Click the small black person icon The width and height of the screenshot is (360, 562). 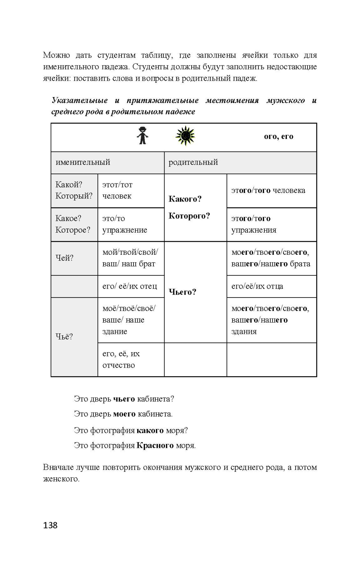pyautogui.click(x=142, y=136)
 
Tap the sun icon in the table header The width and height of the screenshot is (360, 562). pyautogui.click(x=185, y=136)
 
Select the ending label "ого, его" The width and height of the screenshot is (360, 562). pyautogui.click(x=278, y=136)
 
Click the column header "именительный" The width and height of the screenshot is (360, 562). pyautogui.click(x=83, y=162)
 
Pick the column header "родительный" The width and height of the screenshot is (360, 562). pyautogui.click(x=193, y=162)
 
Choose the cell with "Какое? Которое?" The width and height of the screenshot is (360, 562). pyautogui.click(x=73, y=224)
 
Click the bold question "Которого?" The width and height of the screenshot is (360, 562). pyautogui.click(x=189, y=216)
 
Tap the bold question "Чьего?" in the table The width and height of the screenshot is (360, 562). pyautogui.click(x=182, y=292)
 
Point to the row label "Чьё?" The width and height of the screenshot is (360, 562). pyautogui.click(x=64, y=336)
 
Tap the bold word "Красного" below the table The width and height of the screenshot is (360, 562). pyautogui.click(x=155, y=445)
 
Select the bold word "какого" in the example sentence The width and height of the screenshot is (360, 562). pyautogui.click(x=150, y=430)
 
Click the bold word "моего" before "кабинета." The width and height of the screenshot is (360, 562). pyautogui.click(x=124, y=414)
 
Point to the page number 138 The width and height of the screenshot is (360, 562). pyautogui.click(x=50, y=525)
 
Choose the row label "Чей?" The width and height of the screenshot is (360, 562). pyautogui.click(x=64, y=258)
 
